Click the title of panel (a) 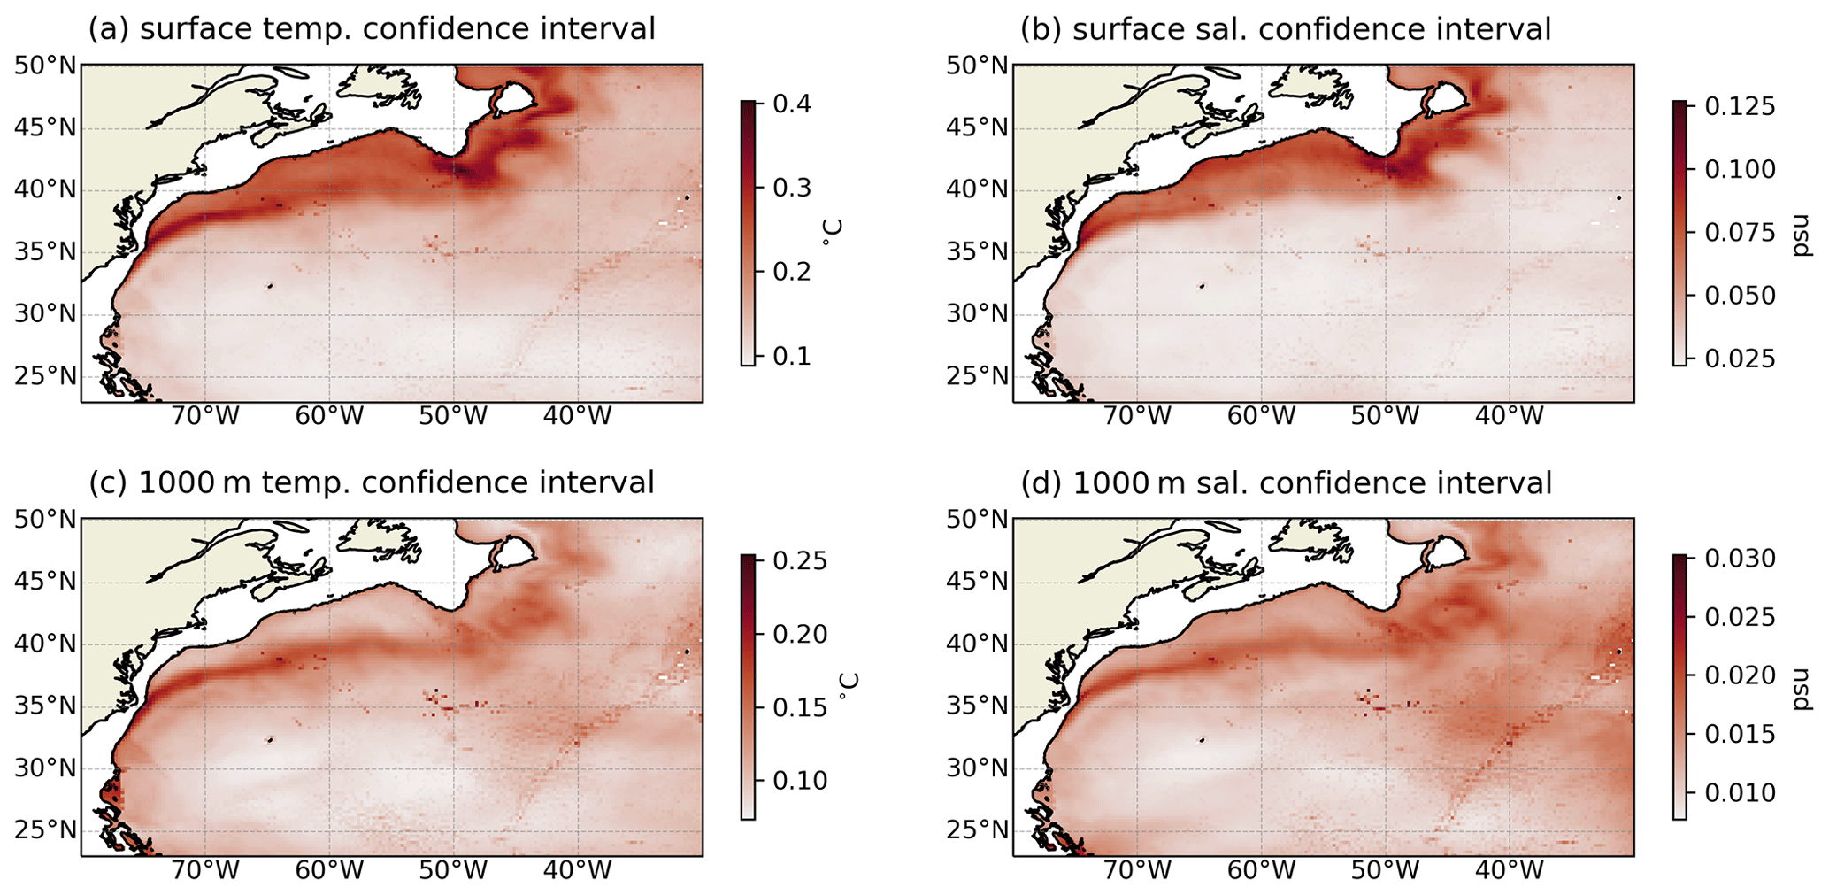click(x=372, y=29)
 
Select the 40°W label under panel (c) click(x=578, y=869)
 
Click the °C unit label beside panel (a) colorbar click(x=832, y=232)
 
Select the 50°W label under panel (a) click(x=453, y=415)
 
